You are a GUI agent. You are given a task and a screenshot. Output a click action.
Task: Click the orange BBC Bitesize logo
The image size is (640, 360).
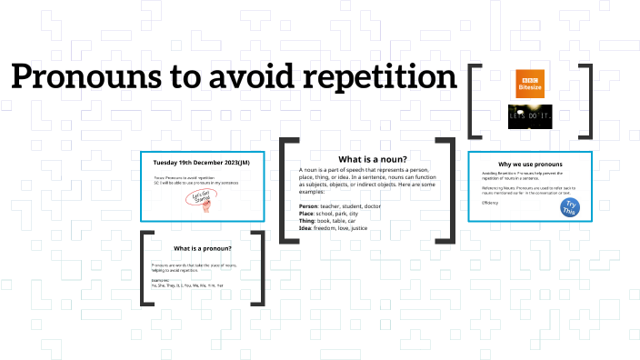coord(530,84)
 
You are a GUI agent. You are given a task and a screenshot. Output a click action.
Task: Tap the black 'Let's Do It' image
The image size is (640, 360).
coord(530,116)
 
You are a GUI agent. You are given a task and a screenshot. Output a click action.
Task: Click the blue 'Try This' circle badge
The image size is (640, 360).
coord(570,207)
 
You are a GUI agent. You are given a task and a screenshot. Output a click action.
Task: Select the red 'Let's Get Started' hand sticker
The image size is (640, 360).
coord(204,198)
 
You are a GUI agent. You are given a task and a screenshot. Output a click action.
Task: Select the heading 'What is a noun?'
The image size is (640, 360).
coord(366,159)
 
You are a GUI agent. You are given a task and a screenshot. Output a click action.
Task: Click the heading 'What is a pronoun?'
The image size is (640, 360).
coord(203,248)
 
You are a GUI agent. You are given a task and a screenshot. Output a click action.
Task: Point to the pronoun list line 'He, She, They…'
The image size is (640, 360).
coord(186,285)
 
